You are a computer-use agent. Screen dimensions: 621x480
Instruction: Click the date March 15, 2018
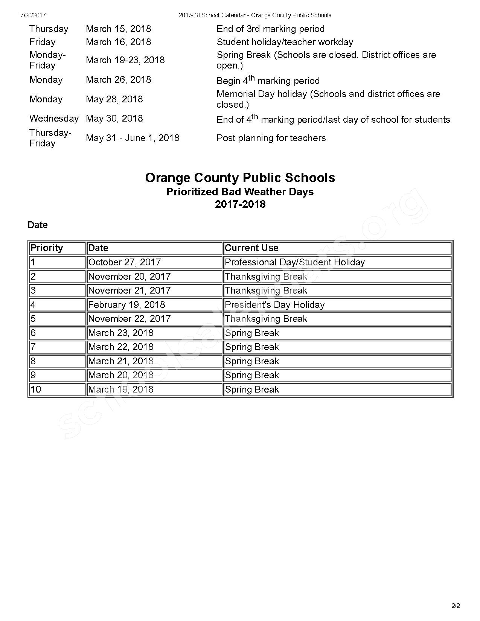coord(118,29)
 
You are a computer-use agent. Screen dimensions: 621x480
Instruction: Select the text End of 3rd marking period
coord(270,29)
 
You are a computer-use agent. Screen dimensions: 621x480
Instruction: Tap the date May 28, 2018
coord(114,99)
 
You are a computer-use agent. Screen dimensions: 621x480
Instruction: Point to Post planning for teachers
coord(271,138)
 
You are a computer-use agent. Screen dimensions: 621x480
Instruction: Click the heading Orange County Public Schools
coord(240,178)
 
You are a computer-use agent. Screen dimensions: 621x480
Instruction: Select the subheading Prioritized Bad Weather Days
coord(240,192)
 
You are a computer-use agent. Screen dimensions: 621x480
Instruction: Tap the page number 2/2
coord(456,606)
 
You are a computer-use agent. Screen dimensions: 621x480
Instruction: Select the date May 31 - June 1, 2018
coord(133,138)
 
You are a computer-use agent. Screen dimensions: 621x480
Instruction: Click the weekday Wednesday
coord(54,119)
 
